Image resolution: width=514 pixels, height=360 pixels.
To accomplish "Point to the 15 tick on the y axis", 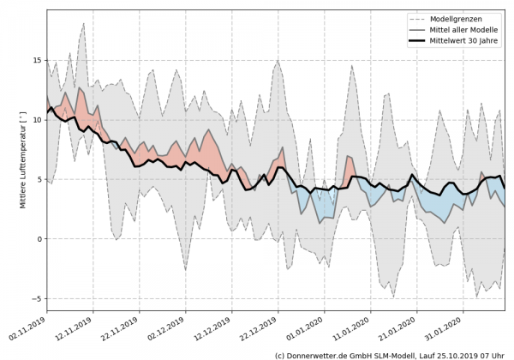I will (38, 60).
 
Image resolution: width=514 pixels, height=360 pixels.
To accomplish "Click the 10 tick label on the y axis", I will (38, 120).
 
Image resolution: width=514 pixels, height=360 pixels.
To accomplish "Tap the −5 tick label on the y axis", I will (38, 298).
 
